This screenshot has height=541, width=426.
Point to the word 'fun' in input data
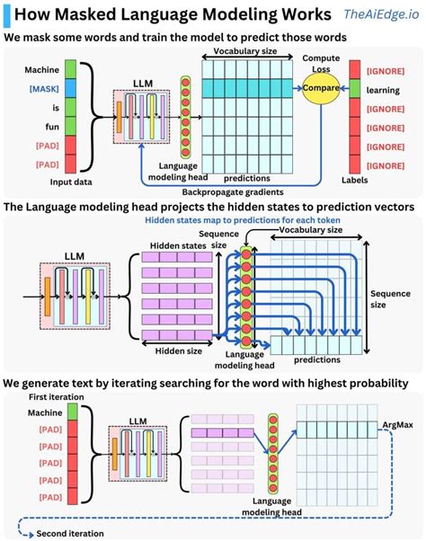click(44, 127)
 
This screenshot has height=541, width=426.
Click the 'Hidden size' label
click(171, 351)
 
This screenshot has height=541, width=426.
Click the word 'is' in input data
click(44, 108)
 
